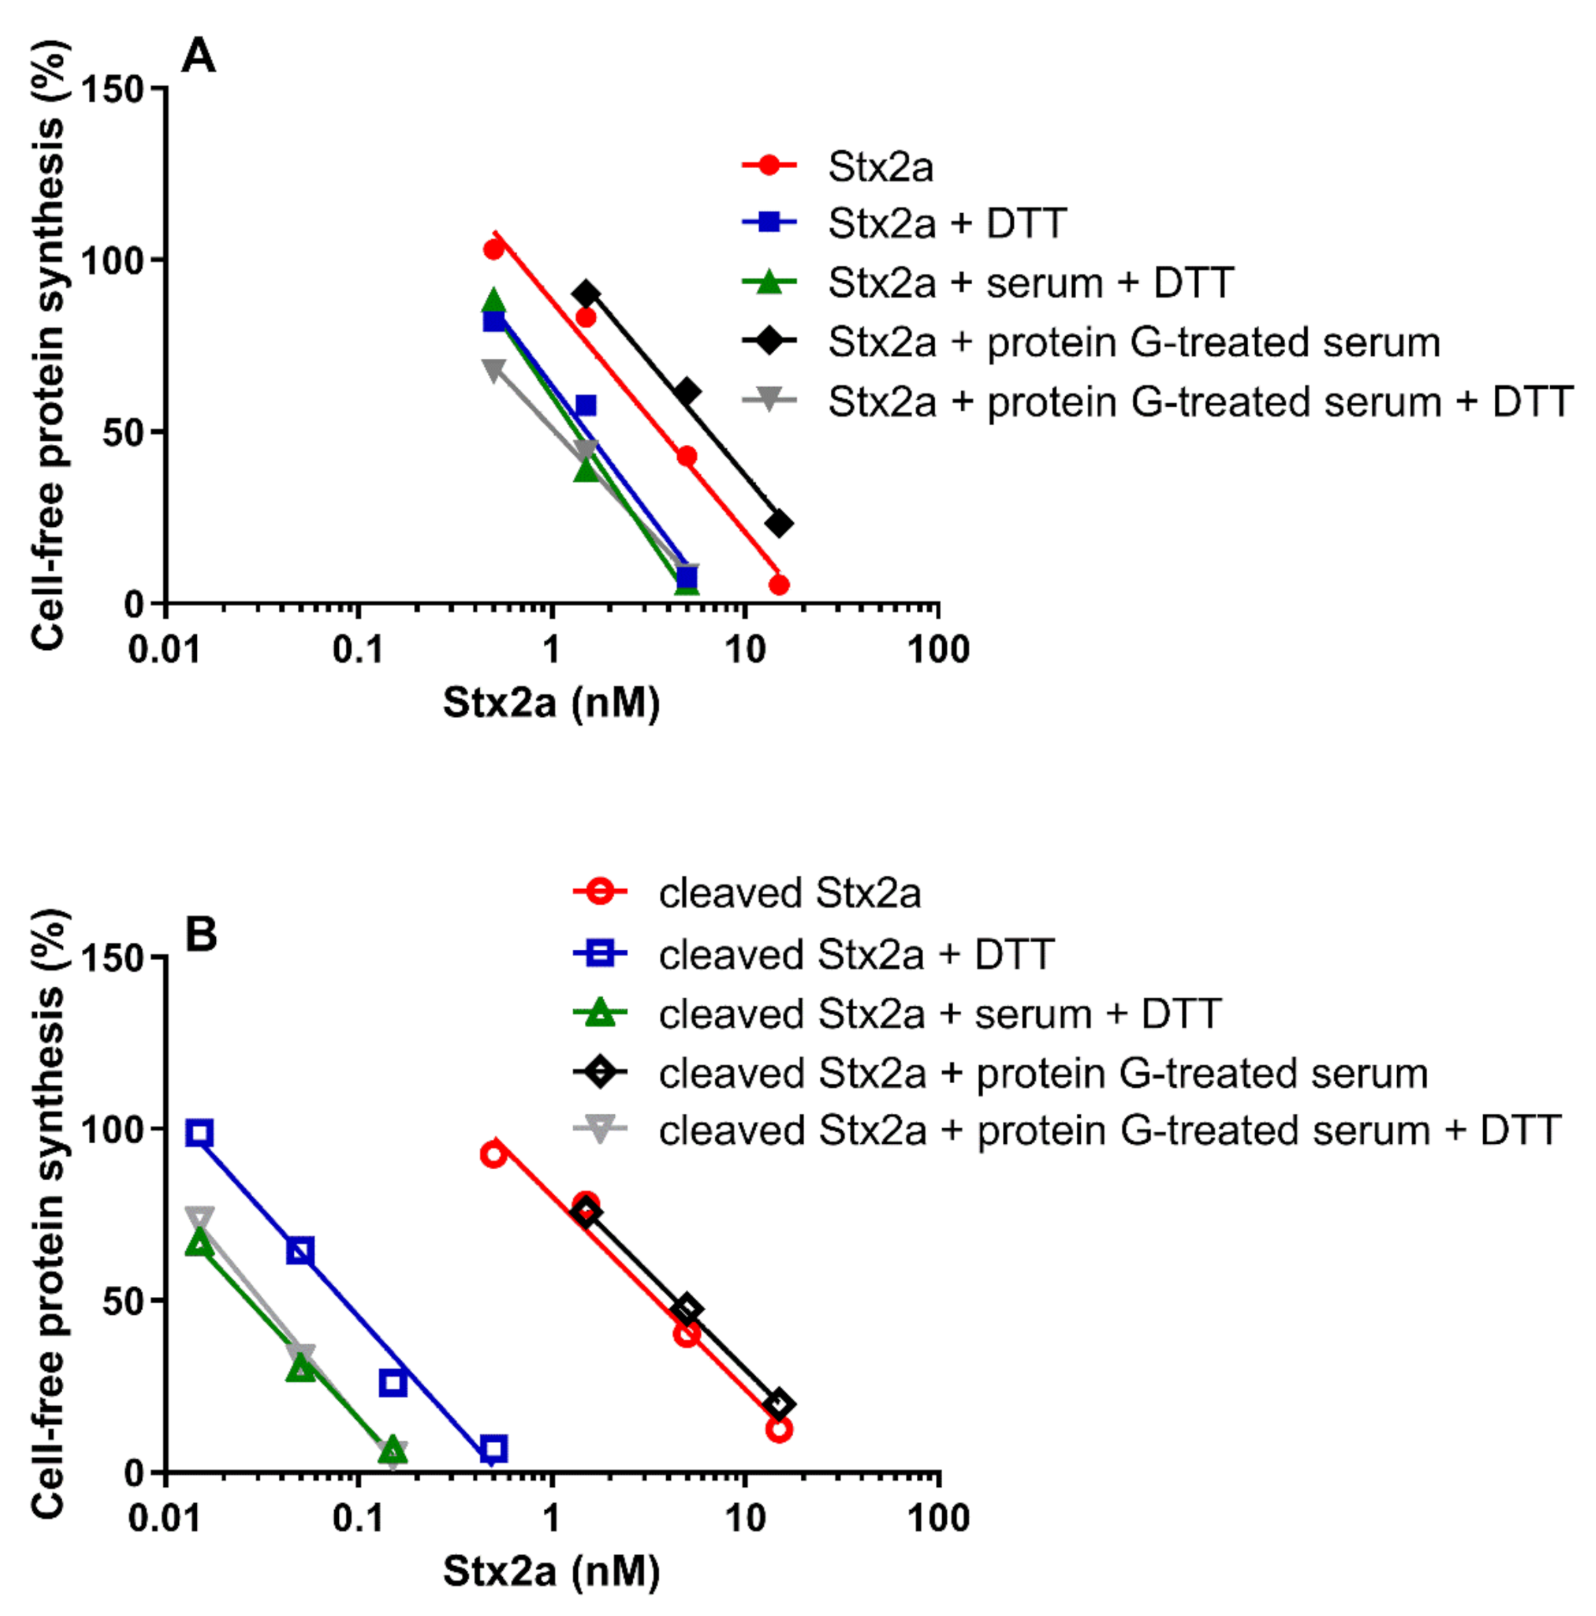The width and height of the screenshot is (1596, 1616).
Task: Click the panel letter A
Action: point(198,56)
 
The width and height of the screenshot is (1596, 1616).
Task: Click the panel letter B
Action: point(200,934)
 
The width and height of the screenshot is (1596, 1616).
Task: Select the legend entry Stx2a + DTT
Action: point(946,223)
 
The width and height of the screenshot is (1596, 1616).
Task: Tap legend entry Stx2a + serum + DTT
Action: point(1030,283)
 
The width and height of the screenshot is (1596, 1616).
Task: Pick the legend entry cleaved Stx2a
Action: point(789,893)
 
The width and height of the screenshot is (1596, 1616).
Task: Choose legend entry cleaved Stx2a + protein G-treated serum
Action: point(1043,1073)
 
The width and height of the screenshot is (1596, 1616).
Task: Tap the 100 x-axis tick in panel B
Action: point(937,1518)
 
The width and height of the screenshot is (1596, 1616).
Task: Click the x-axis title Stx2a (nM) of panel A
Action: point(551,702)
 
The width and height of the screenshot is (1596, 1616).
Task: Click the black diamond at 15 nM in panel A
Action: point(778,525)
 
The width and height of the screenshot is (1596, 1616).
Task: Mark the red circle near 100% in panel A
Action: point(493,249)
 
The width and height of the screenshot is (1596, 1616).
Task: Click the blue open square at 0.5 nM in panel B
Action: point(493,1449)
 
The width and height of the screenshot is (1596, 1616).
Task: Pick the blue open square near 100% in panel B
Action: point(199,1134)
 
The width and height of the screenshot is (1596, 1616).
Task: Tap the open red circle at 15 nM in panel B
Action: point(778,1429)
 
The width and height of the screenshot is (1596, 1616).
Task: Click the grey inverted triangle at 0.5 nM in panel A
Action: point(493,369)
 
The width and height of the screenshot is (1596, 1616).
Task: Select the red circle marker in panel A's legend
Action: point(769,165)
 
